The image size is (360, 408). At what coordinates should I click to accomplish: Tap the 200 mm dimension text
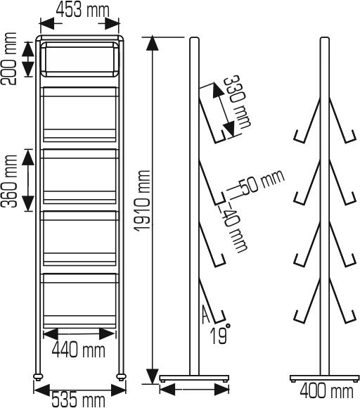coord(11,59)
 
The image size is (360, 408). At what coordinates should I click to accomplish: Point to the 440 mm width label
coord(79,348)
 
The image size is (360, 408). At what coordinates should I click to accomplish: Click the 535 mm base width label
coord(77,399)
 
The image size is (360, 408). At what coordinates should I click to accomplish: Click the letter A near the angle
coord(204,312)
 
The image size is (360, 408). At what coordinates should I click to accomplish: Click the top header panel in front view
coord(79,60)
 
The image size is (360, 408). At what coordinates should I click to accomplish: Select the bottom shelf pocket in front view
coord(79,299)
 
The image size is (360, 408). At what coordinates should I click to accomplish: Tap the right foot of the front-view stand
coord(121,377)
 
